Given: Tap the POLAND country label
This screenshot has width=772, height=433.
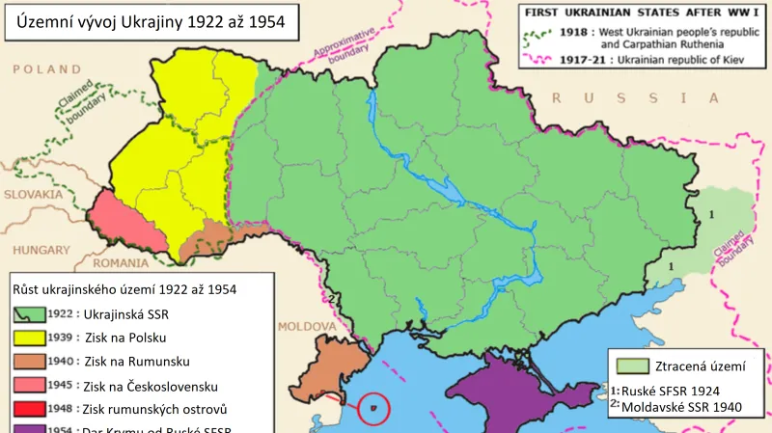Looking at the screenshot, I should (46, 69).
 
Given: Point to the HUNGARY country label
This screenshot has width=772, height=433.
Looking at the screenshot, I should (41, 250).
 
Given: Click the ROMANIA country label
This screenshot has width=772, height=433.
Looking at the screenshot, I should (122, 262).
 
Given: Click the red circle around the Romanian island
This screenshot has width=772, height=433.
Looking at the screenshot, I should (372, 409).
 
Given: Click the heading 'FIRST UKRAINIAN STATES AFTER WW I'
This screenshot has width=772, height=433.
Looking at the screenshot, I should (640, 14).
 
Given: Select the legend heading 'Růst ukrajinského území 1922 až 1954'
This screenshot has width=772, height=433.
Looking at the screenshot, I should (124, 288).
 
